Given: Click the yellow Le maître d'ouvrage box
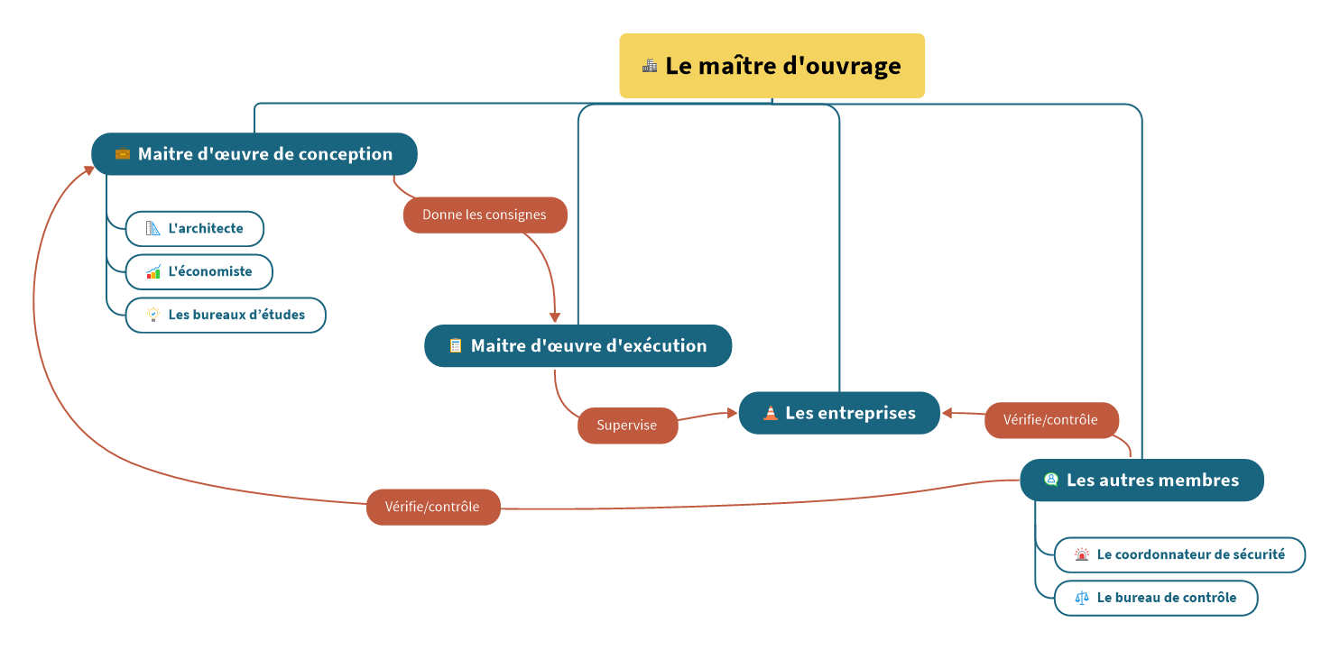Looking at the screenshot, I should click(772, 66).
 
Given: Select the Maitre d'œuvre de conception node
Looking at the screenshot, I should click(254, 154).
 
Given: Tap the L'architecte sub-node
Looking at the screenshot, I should click(195, 229).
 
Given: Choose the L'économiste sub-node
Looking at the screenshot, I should click(199, 271).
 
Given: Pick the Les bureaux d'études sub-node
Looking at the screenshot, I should click(226, 316).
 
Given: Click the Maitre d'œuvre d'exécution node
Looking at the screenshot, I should click(578, 346).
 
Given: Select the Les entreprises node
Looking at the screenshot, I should click(839, 413).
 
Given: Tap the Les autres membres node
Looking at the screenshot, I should click(1141, 481).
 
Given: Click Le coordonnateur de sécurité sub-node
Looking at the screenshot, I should click(1179, 554).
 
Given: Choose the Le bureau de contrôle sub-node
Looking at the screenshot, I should click(1155, 598).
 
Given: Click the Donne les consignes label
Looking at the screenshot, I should click(485, 215).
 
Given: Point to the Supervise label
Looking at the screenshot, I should click(627, 426).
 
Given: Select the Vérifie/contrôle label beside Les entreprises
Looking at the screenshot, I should click(1051, 420).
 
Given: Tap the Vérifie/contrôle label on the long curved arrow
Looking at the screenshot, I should click(432, 507).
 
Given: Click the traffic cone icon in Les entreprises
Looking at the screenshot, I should click(770, 413).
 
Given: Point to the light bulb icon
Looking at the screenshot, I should click(153, 315).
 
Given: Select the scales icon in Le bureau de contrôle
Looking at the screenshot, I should click(1082, 598).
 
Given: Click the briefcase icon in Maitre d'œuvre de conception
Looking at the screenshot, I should click(123, 154).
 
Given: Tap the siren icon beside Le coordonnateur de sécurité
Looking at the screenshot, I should click(1082, 554).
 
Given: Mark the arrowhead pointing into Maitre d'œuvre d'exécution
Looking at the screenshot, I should click(555, 318).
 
